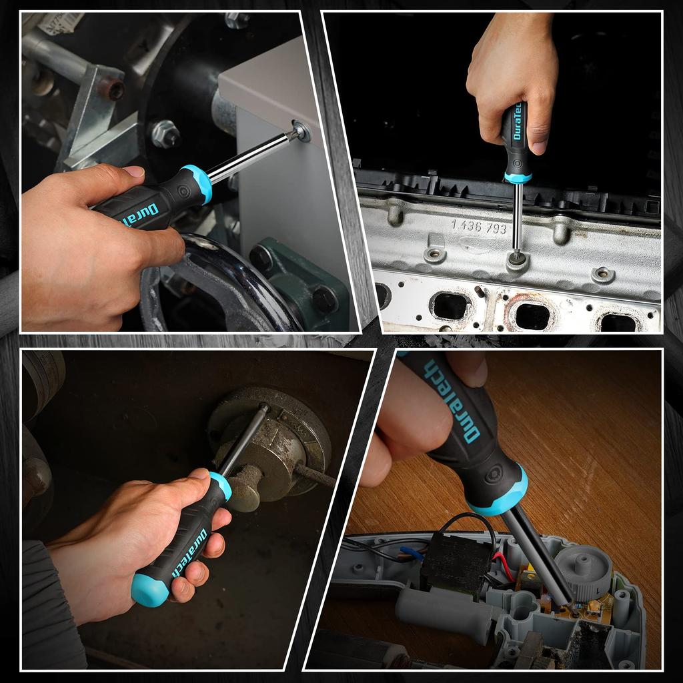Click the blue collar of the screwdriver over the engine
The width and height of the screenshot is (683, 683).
click(518, 177)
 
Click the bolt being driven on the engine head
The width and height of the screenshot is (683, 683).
click(516, 255)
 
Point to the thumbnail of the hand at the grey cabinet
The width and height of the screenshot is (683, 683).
click(135, 171)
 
